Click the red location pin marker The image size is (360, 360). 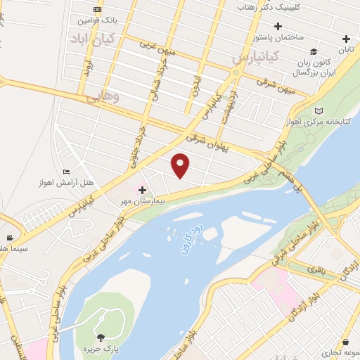[x=181, y=165]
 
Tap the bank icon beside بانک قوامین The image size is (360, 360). [x=97, y=9]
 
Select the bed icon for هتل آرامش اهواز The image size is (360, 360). [x=67, y=172]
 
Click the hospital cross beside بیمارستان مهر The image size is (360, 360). [x=142, y=190]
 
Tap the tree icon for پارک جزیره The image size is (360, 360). [x=99, y=338]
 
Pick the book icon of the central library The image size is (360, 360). [x=320, y=111]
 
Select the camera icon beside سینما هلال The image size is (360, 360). [x=10, y=238]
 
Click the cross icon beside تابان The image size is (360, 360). [x=345, y=39]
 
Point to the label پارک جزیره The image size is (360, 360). [x=99, y=350]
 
